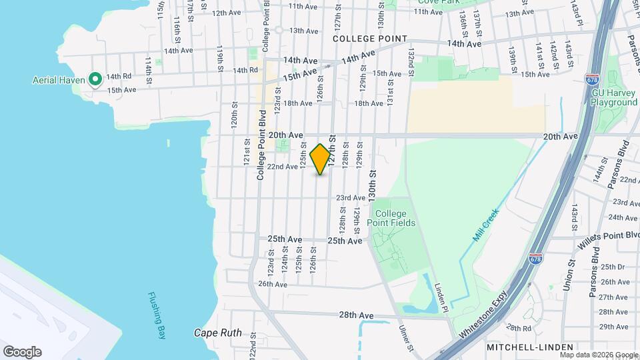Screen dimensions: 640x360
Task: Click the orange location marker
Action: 321,159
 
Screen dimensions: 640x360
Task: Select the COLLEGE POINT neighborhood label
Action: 369,39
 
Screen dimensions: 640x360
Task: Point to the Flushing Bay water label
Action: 158,316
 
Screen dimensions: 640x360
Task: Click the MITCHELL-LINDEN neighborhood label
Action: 530,347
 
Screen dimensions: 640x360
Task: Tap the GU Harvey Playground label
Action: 614,97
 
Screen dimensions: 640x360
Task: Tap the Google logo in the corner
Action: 22,351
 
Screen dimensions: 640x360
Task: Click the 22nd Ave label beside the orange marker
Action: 282,167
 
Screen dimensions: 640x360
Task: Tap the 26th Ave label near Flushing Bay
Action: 273,284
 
